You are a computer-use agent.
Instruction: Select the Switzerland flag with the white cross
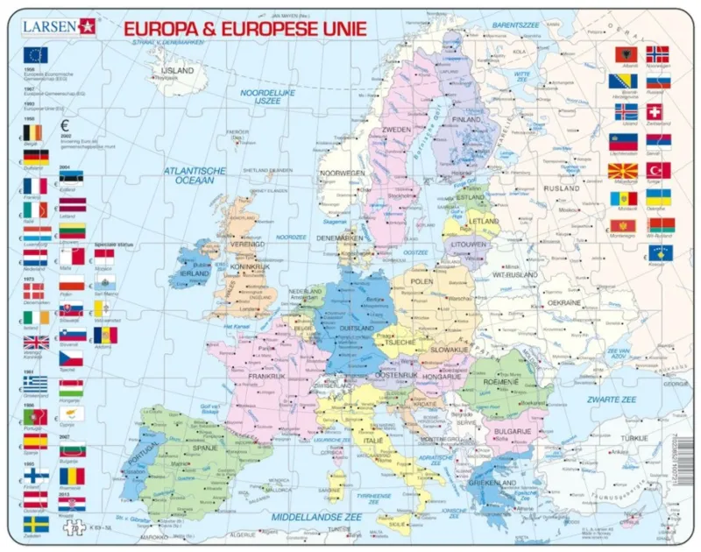(x=654, y=112)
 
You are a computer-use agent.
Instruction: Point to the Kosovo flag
(x=659, y=253)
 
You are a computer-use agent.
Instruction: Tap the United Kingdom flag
(x=36, y=343)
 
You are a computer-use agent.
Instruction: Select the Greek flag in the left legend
(x=36, y=384)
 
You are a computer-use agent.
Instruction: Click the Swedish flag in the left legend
(x=36, y=525)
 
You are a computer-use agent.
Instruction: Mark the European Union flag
(x=36, y=55)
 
